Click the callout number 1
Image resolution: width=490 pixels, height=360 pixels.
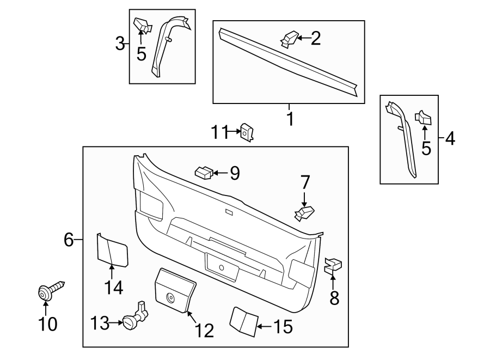point(290,118)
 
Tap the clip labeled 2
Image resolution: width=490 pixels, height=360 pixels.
point(289,39)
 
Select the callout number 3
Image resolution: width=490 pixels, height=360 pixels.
point(120,44)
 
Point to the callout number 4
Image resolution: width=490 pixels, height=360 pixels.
point(449,139)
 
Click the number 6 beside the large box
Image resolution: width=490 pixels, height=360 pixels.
point(69,239)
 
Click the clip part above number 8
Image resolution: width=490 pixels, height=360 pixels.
point(333,266)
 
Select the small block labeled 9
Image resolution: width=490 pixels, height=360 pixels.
point(203,173)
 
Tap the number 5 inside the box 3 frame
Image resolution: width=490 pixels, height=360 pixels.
point(142,54)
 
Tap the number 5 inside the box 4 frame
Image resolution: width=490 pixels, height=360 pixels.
point(426,148)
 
